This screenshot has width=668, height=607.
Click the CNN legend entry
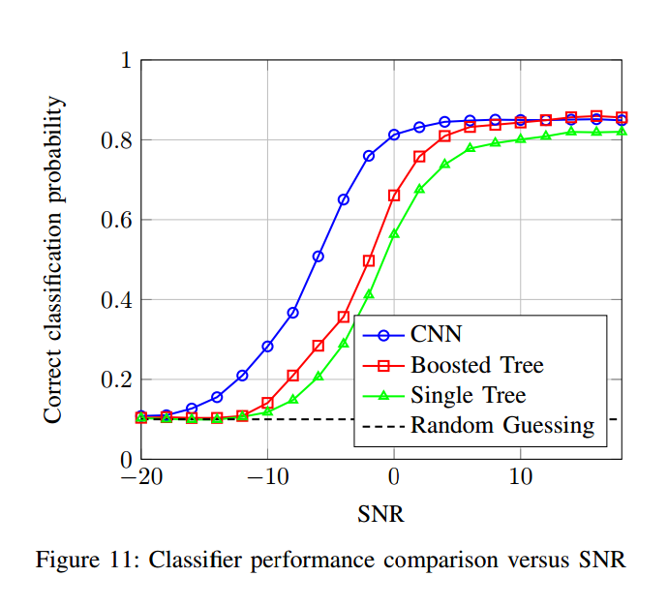(437, 335)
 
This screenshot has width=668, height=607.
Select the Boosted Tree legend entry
(477, 365)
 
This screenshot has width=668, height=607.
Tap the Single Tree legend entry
(468, 395)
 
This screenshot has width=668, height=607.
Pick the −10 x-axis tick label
(267, 478)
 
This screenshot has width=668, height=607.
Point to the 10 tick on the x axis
(520, 478)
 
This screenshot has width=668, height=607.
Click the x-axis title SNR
(380, 514)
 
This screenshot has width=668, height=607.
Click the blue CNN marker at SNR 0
(394, 135)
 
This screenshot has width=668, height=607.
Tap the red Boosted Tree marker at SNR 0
(394, 196)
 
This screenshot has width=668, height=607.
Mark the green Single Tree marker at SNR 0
(394, 234)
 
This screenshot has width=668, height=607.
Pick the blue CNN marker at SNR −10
(267, 346)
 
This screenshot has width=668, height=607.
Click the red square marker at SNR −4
(344, 317)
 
